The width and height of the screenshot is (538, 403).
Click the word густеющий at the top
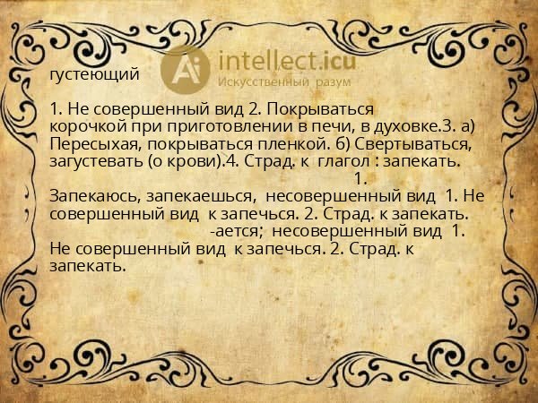(95, 73)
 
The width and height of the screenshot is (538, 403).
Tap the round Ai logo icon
(186, 68)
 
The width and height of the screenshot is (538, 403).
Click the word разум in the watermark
(334, 82)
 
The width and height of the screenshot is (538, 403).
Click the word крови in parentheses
(196, 160)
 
